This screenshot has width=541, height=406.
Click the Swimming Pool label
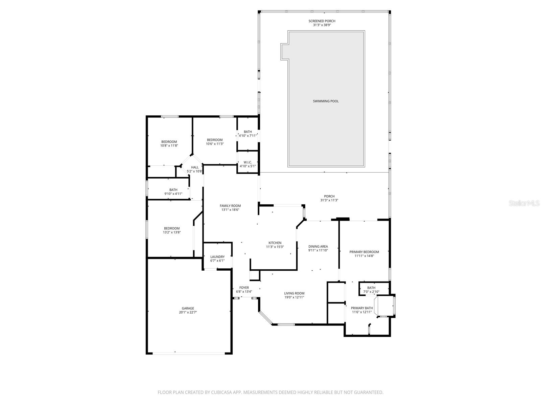coord(326,101)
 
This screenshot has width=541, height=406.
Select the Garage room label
coord(188,308)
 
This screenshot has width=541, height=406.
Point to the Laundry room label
coord(217,257)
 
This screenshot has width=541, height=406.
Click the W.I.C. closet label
coord(248,162)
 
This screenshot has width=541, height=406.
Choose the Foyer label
coord(244,288)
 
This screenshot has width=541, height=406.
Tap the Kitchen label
coord(275,243)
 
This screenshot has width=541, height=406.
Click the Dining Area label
coord(318,246)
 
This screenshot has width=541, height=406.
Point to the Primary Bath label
coord(362,308)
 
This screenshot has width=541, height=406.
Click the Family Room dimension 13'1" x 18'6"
coord(230,210)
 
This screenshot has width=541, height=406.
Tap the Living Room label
coord(294,293)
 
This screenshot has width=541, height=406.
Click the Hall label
coord(195,167)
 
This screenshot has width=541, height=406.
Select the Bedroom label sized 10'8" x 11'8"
coord(169,142)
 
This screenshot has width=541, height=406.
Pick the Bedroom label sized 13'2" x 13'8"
coord(172,228)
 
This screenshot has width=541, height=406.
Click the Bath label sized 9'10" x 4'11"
coord(173,190)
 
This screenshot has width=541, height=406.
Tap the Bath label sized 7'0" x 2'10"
coord(371,288)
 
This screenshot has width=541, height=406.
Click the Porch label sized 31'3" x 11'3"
coord(329,196)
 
